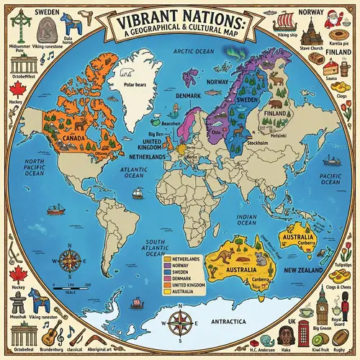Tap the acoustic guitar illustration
click(48, 333)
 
